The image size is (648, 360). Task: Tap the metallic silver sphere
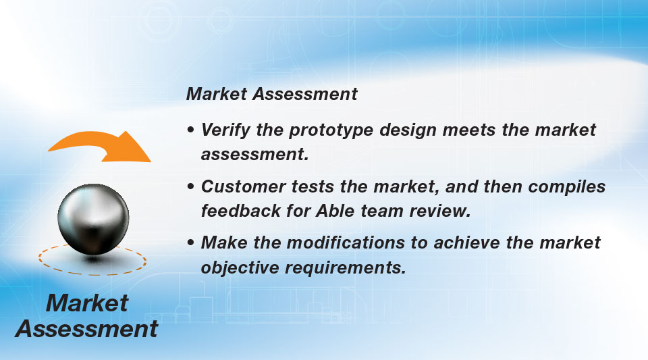point(93,219)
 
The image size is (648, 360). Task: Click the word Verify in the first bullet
point(225,130)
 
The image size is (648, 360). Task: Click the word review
point(439,211)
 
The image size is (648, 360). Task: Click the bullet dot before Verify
point(190,130)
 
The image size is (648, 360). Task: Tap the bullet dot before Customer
point(190,186)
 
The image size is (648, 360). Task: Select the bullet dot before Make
point(190,242)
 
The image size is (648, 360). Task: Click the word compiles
point(566,187)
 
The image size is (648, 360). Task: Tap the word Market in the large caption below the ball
point(87,303)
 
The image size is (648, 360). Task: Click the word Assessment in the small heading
point(305,94)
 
